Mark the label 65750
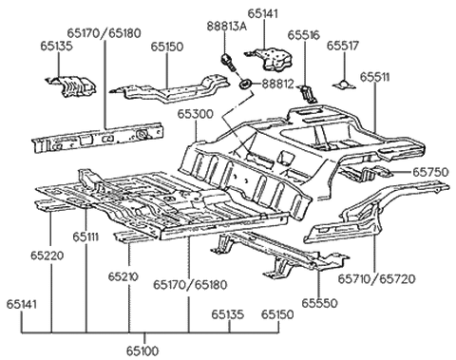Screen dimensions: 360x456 click(x=430, y=172)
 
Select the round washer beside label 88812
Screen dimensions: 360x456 click(x=245, y=86)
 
